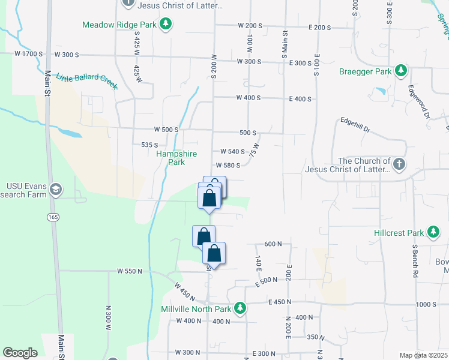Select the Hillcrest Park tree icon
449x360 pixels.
tap(433, 232)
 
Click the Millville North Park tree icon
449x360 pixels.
tap(240, 309)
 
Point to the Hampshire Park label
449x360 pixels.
tap(176, 158)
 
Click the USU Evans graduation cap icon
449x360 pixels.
tap(56, 190)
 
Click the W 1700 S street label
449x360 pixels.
tap(29, 54)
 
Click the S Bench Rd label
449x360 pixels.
tap(415, 260)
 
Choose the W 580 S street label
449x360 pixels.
tap(229, 166)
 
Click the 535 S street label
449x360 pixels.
tap(149, 145)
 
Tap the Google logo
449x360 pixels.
tap(20, 353)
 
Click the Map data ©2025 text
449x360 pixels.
tap(422, 355)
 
